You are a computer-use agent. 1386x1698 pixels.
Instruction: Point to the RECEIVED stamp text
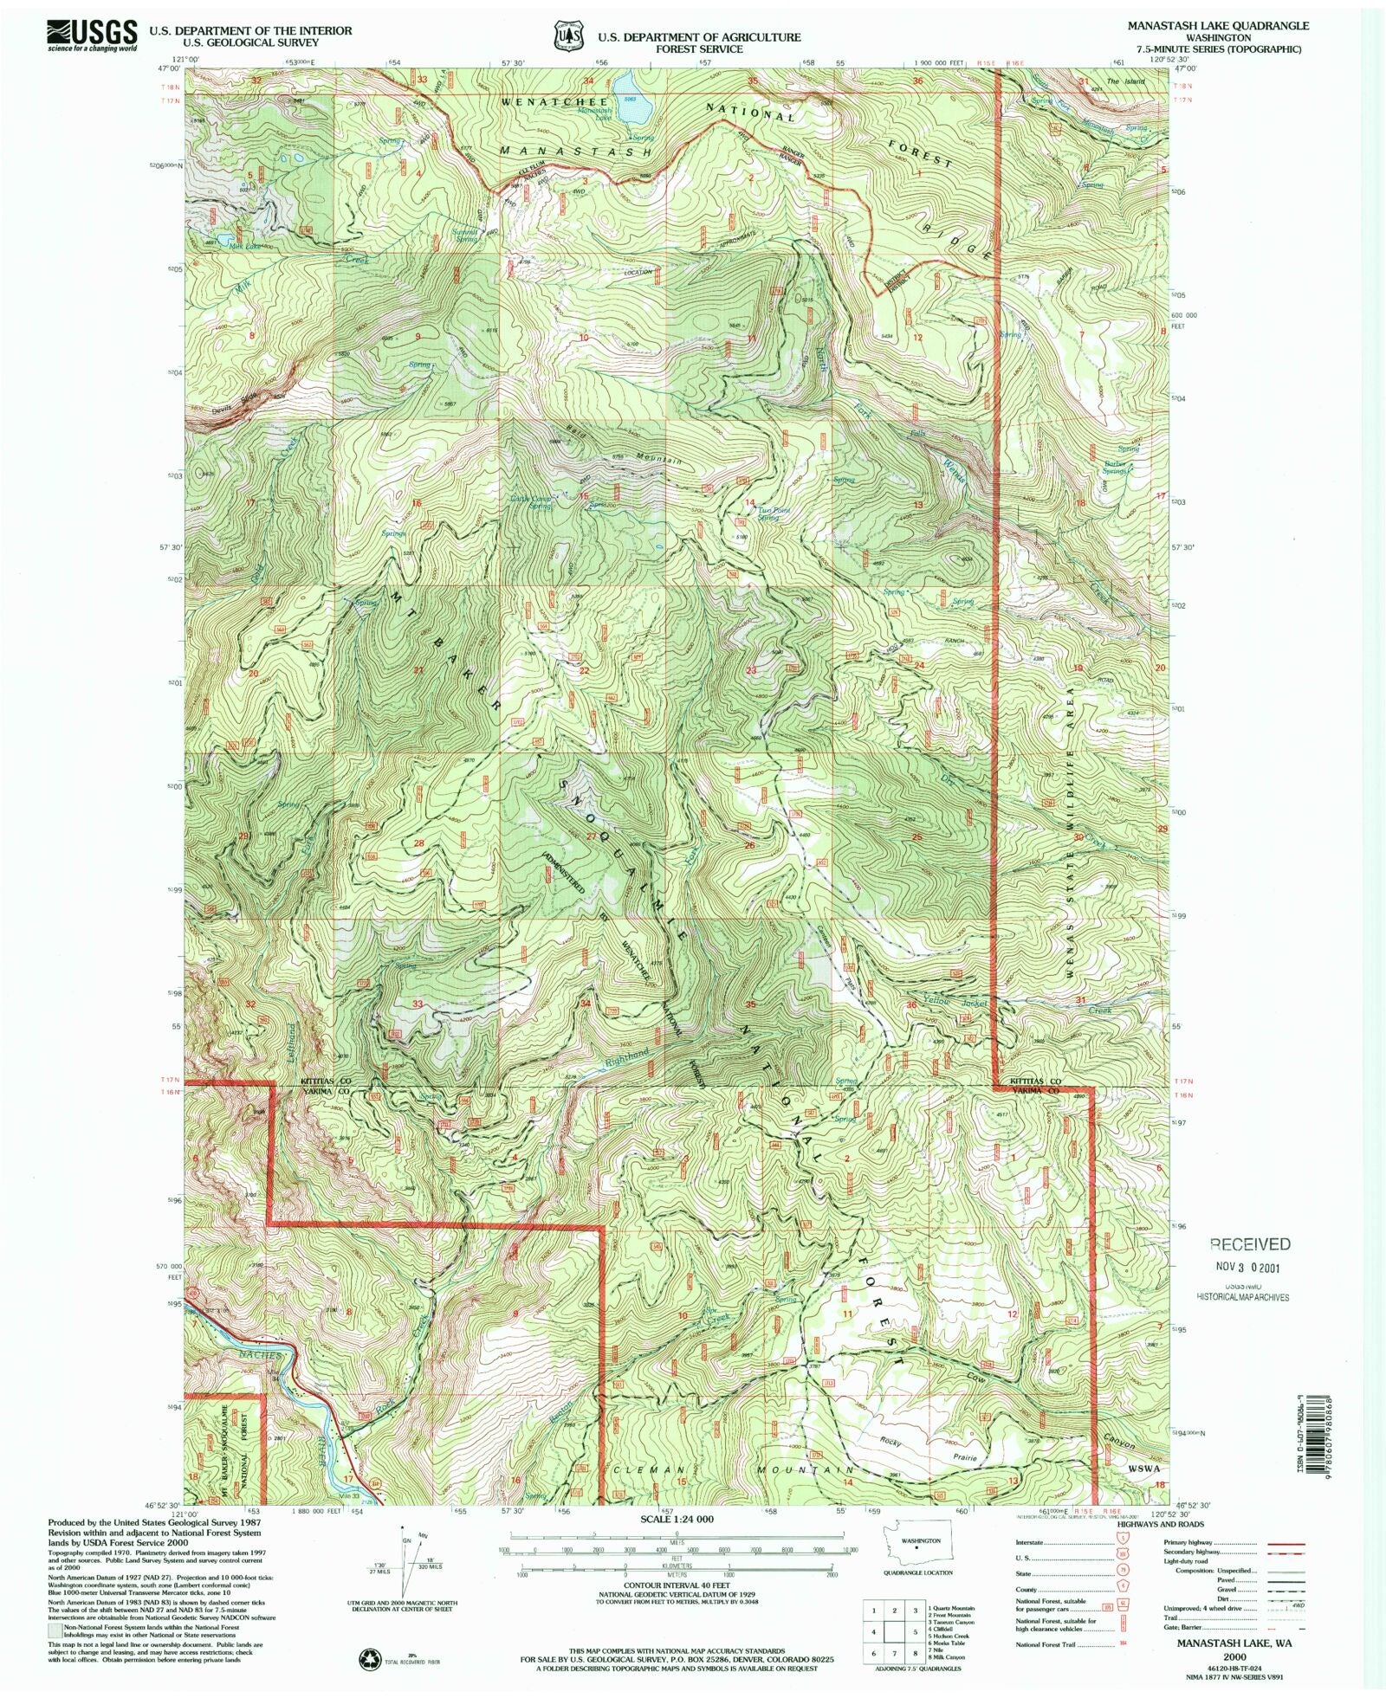pyautogui.click(x=1248, y=1244)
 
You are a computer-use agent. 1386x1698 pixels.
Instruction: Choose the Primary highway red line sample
pyautogui.click(x=1279, y=1543)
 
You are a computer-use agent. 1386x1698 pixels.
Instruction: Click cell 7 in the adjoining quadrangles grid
pyautogui.click(x=875, y=1650)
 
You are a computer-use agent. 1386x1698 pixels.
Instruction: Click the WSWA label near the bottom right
pyautogui.click(x=1143, y=1469)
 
